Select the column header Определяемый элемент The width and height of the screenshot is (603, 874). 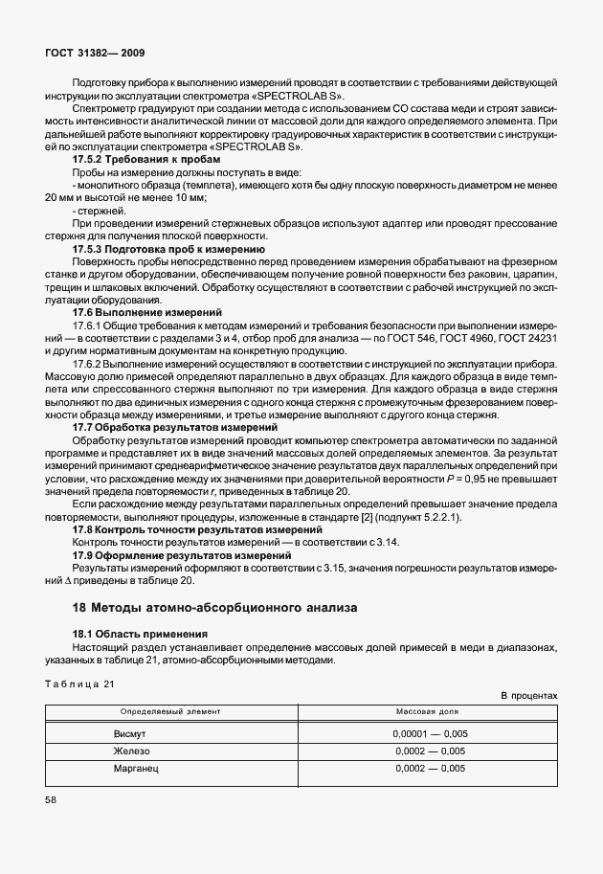coord(170,713)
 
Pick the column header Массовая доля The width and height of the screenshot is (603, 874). coord(428,713)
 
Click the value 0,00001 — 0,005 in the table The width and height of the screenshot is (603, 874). coord(429,734)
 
